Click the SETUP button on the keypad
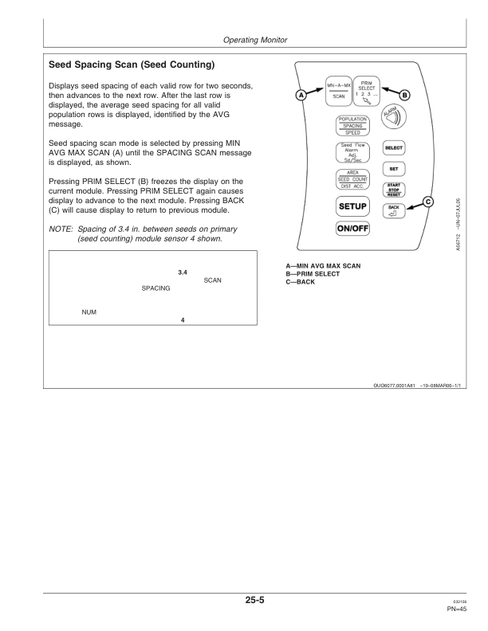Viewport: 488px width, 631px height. pyautogui.click(x=352, y=206)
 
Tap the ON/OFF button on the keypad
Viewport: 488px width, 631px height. pyautogui.click(x=352, y=229)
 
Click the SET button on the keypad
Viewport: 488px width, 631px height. pyautogui.click(x=393, y=169)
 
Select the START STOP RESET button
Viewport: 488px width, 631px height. pyautogui.click(x=393, y=190)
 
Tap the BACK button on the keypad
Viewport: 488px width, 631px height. pyautogui.click(x=393, y=211)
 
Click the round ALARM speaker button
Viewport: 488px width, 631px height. pyautogui.click(x=393, y=116)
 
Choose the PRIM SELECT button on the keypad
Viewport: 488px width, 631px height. pyautogui.click(x=367, y=92)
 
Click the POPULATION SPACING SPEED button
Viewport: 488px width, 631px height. pyautogui.click(x=352, y=126)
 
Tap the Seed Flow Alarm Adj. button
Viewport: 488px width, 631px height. pyautogui.click(x=352, y=153)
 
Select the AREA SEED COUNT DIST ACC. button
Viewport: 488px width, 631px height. pyautogui.click(x=352, y=179)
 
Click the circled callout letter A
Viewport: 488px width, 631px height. pyautogui.click(x=301, y=95)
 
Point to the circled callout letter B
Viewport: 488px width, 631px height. pyautogui.click(x=404, y=95)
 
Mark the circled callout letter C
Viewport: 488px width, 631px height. pyautogui.click(x=428, y=202)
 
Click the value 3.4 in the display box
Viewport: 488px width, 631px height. pyautogui.click(x=183, y=272)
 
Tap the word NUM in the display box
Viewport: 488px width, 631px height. pyautogui.click(x=89, y=312)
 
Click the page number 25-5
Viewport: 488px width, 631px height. pyautogui.click(x=255, y=600)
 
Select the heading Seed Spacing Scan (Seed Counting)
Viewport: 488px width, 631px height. pyautogui.click(x=132, y=65)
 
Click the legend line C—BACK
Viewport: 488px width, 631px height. pyautogui.click(x=301, y=282)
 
